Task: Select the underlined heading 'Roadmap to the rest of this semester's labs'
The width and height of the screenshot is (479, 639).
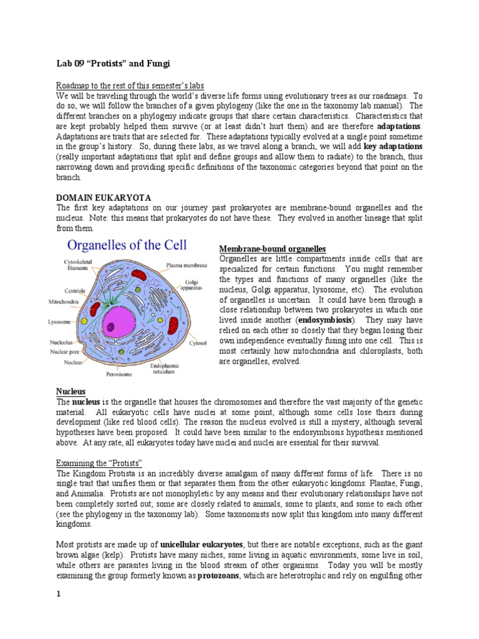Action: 130,85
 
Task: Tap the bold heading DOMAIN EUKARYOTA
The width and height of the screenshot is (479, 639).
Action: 104,197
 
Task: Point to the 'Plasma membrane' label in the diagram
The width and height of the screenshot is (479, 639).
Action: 186,265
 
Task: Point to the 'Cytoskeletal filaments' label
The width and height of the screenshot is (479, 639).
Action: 78,265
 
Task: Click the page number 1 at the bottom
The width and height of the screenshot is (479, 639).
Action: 59,593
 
